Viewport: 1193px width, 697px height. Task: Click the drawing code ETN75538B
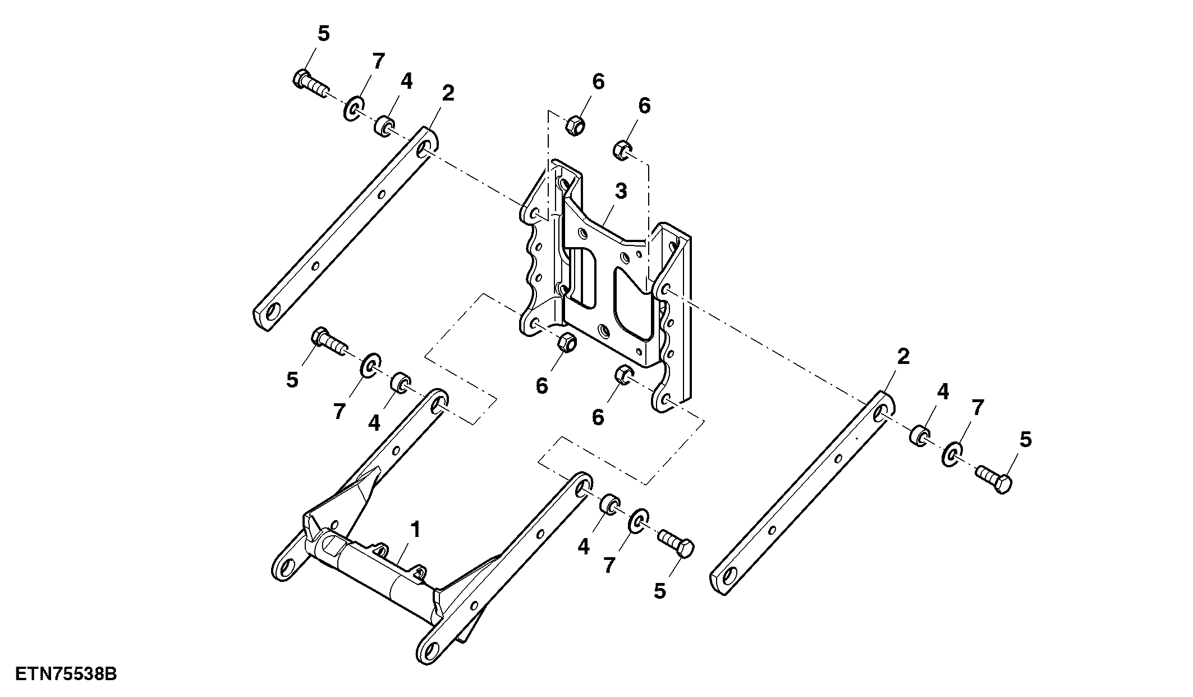click(66, 674)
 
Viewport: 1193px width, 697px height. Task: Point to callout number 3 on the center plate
click(620, 192)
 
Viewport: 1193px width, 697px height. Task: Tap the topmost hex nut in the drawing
click(575, 125)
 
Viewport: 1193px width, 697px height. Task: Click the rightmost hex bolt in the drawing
click(994, 479)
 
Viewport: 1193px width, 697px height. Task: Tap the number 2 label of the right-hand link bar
click(903, 356)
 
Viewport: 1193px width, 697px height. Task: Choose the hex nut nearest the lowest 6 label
click(623, 375)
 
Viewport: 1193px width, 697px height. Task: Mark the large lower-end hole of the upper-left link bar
click(273, 313)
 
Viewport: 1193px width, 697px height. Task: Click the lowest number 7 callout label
click(609, 566)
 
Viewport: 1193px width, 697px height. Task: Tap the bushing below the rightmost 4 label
click(918, 436)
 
